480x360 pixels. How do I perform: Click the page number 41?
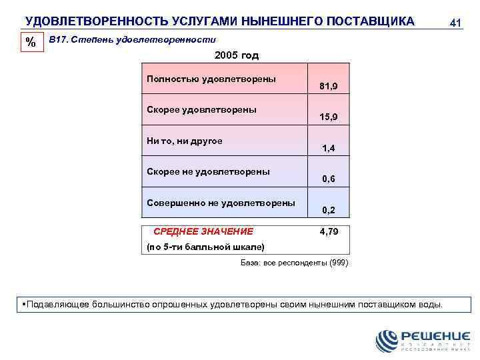456,23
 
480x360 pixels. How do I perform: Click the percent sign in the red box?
31,43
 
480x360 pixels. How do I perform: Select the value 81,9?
329,87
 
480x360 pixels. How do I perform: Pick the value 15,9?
329,117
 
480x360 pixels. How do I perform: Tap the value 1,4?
329,148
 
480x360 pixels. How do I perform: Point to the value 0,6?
329,179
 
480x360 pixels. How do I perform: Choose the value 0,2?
329,209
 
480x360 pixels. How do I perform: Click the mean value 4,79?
329,231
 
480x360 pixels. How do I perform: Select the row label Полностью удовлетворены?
211,79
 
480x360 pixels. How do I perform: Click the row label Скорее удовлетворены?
202,109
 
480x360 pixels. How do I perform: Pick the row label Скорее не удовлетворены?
208,171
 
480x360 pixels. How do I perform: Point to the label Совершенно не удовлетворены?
221,202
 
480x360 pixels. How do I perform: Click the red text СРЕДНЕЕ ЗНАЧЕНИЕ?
203,231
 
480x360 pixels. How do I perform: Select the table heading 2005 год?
237,55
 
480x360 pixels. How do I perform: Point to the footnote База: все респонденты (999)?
294,263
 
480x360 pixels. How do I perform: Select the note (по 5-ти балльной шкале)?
205,247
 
